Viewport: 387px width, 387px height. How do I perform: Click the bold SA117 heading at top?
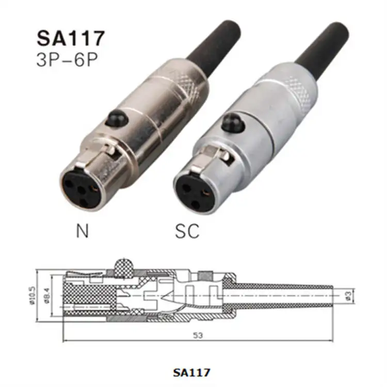(71, 38)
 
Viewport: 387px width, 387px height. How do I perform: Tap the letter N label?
(82, 231)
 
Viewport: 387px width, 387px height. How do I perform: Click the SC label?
(186, 231)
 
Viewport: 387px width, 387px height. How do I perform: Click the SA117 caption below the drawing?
(193, 371)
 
